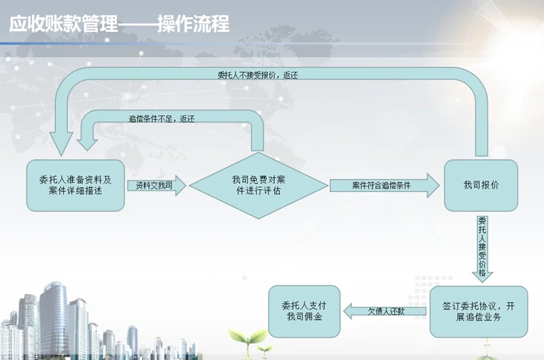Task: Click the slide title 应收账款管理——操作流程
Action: (119, 23)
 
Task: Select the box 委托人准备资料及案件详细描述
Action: (76, 186)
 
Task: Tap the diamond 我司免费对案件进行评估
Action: (259, 186)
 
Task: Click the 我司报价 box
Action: (481, 186)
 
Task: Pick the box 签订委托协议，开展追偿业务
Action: (479, 311)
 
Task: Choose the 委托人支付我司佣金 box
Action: (304, 311)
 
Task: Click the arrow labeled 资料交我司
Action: (157, 186)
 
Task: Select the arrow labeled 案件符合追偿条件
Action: (385, 186)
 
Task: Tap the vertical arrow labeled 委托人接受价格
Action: (483, 248)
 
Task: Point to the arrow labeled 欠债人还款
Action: (385, 311)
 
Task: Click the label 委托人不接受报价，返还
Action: (257, 76)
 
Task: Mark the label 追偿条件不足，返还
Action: (161, 119)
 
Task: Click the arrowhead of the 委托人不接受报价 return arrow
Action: (61, 144)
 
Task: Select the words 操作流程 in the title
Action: (194, 23)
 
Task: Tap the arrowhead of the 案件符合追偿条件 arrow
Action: (433, 186)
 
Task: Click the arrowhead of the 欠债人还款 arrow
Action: (348, 311)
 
